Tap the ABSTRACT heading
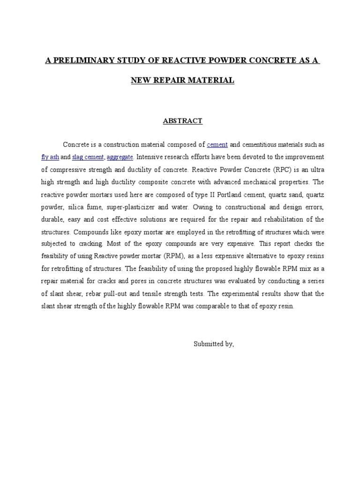(182, 121)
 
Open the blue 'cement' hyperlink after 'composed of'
(217, 144)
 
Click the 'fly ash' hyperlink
(50, 157)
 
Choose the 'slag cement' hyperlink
(88, 157)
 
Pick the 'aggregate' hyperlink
(120, 157)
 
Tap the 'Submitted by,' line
(213, 344)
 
